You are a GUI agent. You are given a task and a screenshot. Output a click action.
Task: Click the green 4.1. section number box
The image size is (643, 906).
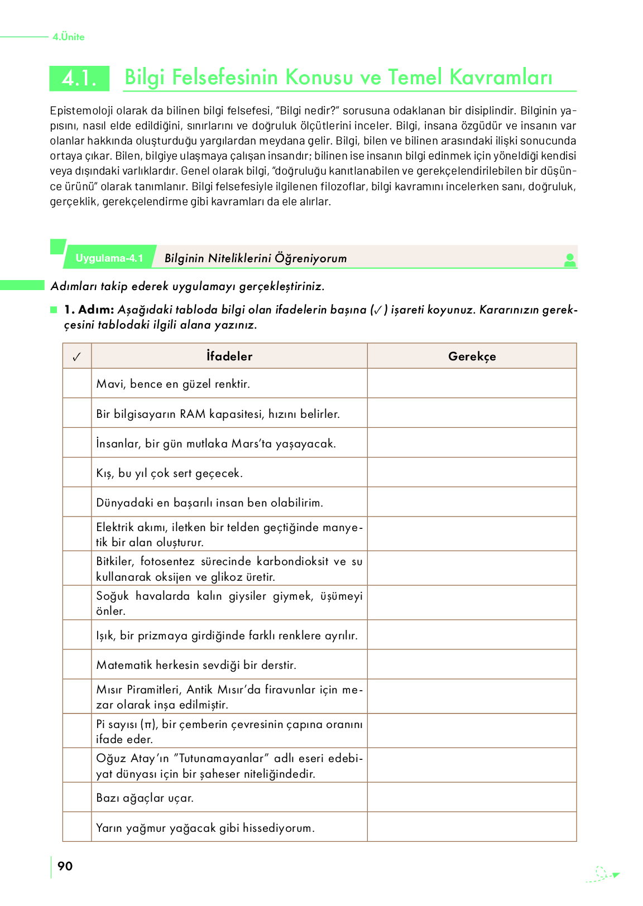tap(79, 78)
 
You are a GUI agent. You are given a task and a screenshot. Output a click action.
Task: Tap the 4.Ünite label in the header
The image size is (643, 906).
tap(69, 37)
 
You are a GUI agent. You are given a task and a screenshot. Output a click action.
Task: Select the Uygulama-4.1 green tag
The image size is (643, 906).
tap(109, 258)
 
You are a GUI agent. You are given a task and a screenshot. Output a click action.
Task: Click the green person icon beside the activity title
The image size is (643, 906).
tap(569, 260)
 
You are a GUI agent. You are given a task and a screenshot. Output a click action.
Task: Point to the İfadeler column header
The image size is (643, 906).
tap(229, 356)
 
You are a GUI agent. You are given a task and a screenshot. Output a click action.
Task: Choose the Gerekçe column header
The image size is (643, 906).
tap(472, 356)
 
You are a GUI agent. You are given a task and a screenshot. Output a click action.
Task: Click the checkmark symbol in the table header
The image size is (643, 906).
tap(77, 356)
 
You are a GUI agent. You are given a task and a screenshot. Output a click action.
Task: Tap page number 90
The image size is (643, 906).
tap(65, 866)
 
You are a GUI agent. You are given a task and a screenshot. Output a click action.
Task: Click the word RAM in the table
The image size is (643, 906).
tap(193, 414)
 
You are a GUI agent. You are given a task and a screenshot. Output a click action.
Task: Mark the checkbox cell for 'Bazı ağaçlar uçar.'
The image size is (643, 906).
tap(77, 797)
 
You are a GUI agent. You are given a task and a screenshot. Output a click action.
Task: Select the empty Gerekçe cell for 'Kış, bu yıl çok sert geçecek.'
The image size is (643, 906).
tap(472, 473)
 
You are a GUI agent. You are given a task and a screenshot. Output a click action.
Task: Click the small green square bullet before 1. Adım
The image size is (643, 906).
tap(54, 310)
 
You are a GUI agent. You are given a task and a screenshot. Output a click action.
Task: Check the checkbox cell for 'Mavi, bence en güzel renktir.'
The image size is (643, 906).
tap(77, 383)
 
